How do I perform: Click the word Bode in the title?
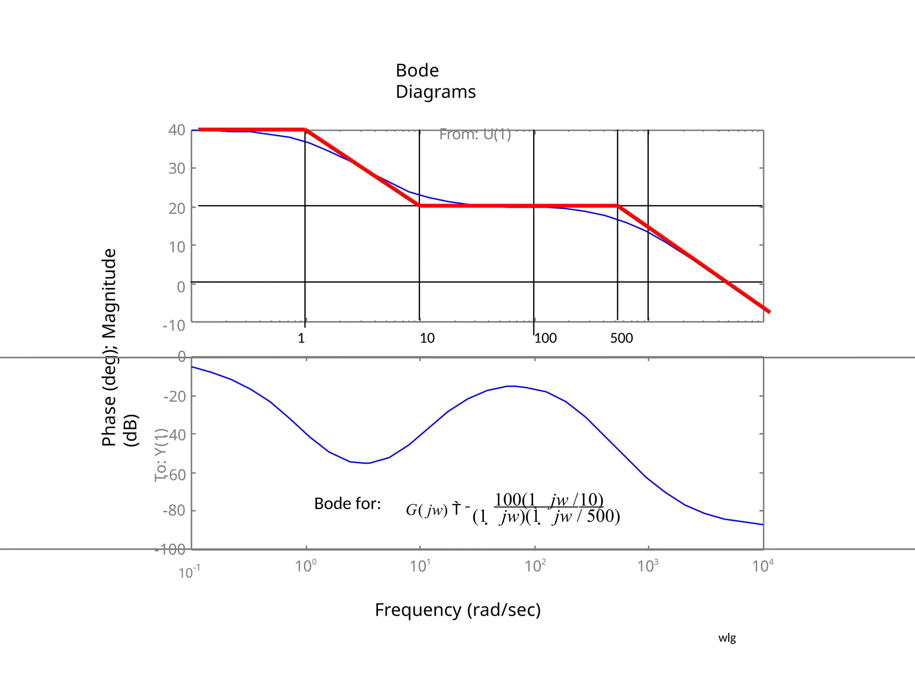[x=417, y=71]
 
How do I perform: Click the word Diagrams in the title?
[x=435, y=92]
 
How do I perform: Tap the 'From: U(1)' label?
[x=474, y=134]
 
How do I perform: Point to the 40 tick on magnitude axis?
[x=176, y=130]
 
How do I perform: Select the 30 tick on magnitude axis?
[x=176, y=168]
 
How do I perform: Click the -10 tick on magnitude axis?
[x=173, y=325]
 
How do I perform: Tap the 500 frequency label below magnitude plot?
[x=621, y=338]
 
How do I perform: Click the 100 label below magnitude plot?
[x=546, y=338]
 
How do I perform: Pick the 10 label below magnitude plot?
[x=427, y=338]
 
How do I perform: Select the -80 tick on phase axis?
[x=174, y=510]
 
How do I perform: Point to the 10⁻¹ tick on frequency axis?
[x=189, y=572]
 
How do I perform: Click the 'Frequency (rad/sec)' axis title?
[x=457, y=610]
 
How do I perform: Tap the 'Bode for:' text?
[x=347, y=504]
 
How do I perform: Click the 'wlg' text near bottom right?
[x=727, y=638]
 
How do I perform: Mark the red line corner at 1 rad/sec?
[x=305, y=130]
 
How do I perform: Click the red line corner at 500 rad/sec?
[x=617, y=206]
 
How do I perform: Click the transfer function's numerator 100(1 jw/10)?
[x=549, y=499]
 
